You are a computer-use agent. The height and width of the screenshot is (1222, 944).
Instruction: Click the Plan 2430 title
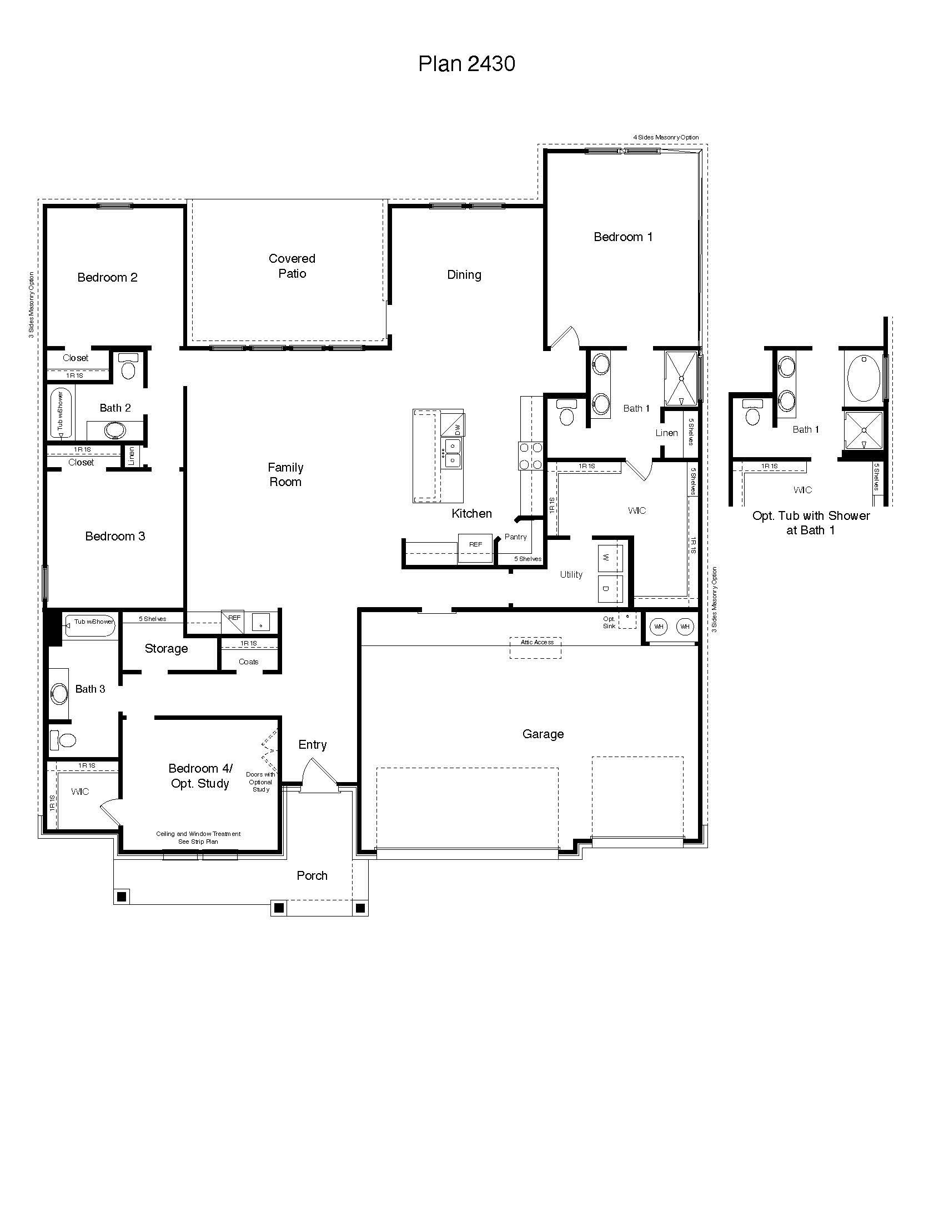466,64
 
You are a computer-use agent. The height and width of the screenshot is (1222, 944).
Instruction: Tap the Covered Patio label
292,266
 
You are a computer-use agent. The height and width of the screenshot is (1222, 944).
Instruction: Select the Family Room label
285,474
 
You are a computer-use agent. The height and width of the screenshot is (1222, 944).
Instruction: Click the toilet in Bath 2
128,367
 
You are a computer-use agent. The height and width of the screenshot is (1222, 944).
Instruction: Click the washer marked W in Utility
606,558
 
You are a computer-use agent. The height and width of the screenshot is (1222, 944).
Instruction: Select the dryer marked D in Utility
606,589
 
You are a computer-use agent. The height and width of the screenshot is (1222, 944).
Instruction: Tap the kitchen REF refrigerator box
475,545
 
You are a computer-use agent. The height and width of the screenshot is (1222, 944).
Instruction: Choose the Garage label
543,734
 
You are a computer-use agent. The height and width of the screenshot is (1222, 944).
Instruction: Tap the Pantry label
515,537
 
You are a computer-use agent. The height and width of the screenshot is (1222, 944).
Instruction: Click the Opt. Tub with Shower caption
811,523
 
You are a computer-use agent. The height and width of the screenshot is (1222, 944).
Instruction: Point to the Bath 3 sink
59,694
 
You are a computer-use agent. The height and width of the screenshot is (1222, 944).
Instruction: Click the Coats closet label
248,662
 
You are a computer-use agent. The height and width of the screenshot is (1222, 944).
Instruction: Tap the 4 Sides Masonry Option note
665,138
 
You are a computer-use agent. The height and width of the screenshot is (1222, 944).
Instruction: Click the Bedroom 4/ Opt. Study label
200,775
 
